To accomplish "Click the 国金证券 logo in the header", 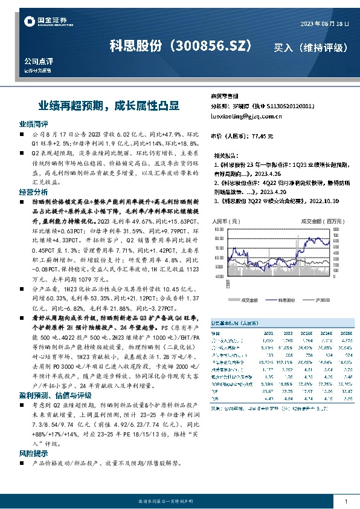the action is (43, 22).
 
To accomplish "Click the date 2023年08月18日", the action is (324, 24).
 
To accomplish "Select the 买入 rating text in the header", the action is (286, 47).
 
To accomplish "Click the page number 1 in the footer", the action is (346, 502).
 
